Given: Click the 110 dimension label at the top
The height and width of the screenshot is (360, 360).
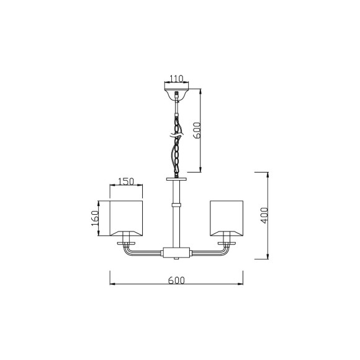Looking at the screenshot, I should [177, 79].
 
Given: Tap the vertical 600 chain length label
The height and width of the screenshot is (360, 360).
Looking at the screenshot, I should [197, 131].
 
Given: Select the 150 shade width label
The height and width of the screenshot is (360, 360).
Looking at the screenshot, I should [126, 181].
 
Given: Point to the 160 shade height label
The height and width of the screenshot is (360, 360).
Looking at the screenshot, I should [95, 218].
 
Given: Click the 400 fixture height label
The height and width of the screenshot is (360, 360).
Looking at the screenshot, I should [264, 215].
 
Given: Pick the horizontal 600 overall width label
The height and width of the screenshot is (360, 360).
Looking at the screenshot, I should [177, 280].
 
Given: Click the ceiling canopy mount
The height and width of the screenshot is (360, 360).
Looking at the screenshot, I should [177, 95].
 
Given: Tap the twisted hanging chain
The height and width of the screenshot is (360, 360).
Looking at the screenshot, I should [177, 146].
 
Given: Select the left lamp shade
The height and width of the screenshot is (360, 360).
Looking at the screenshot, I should [127, 218].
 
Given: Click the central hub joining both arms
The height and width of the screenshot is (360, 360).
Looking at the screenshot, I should [177, 253].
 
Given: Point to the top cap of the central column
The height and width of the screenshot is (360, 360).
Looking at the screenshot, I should [177, 178].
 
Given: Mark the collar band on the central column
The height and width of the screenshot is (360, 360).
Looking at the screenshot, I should [177, 204].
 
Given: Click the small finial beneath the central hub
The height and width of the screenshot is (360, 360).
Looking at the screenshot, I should [177, 259].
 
